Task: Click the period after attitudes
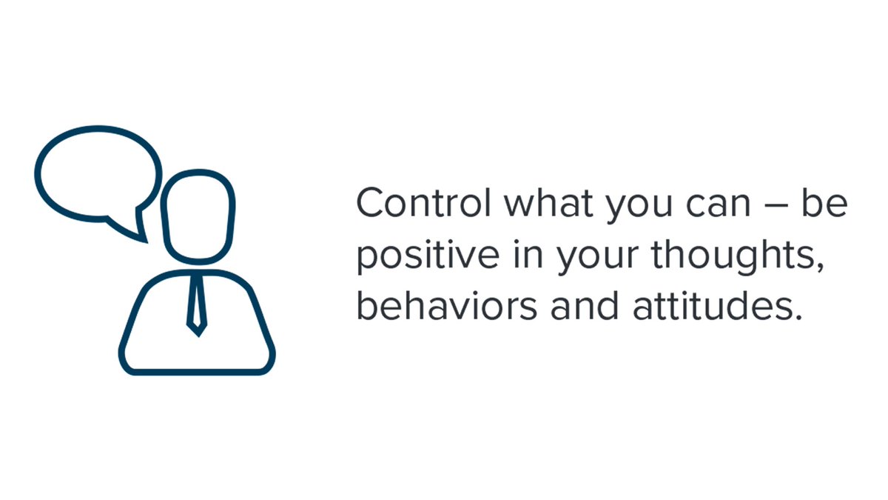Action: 798,316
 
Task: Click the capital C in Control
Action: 369,204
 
